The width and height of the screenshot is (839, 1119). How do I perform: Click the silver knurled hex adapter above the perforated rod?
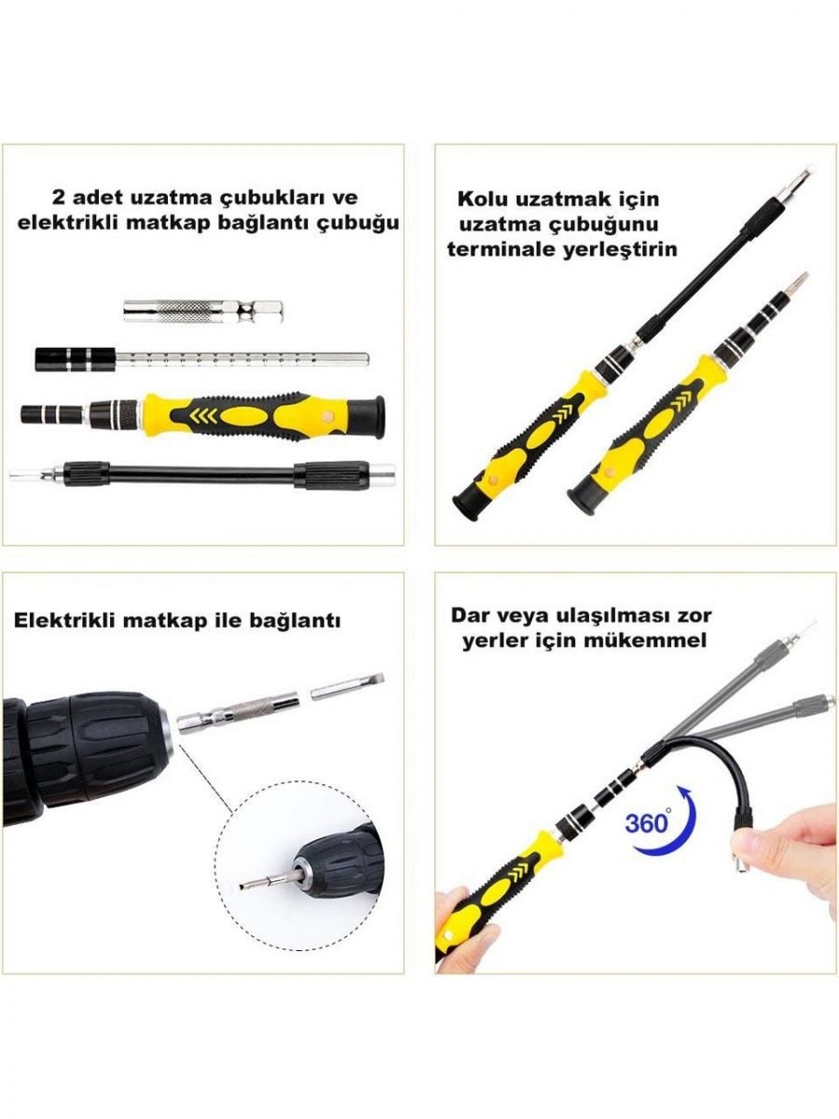pos(203,311)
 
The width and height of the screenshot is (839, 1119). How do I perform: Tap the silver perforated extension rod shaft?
pos(242,359)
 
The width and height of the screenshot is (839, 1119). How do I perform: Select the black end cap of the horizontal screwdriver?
pos(376,418)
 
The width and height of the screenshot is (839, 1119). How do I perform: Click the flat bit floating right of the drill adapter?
pos(347,686)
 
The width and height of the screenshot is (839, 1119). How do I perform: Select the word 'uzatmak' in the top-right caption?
pos(563,199)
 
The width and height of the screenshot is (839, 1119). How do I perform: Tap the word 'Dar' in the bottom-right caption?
pos(469,615)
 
